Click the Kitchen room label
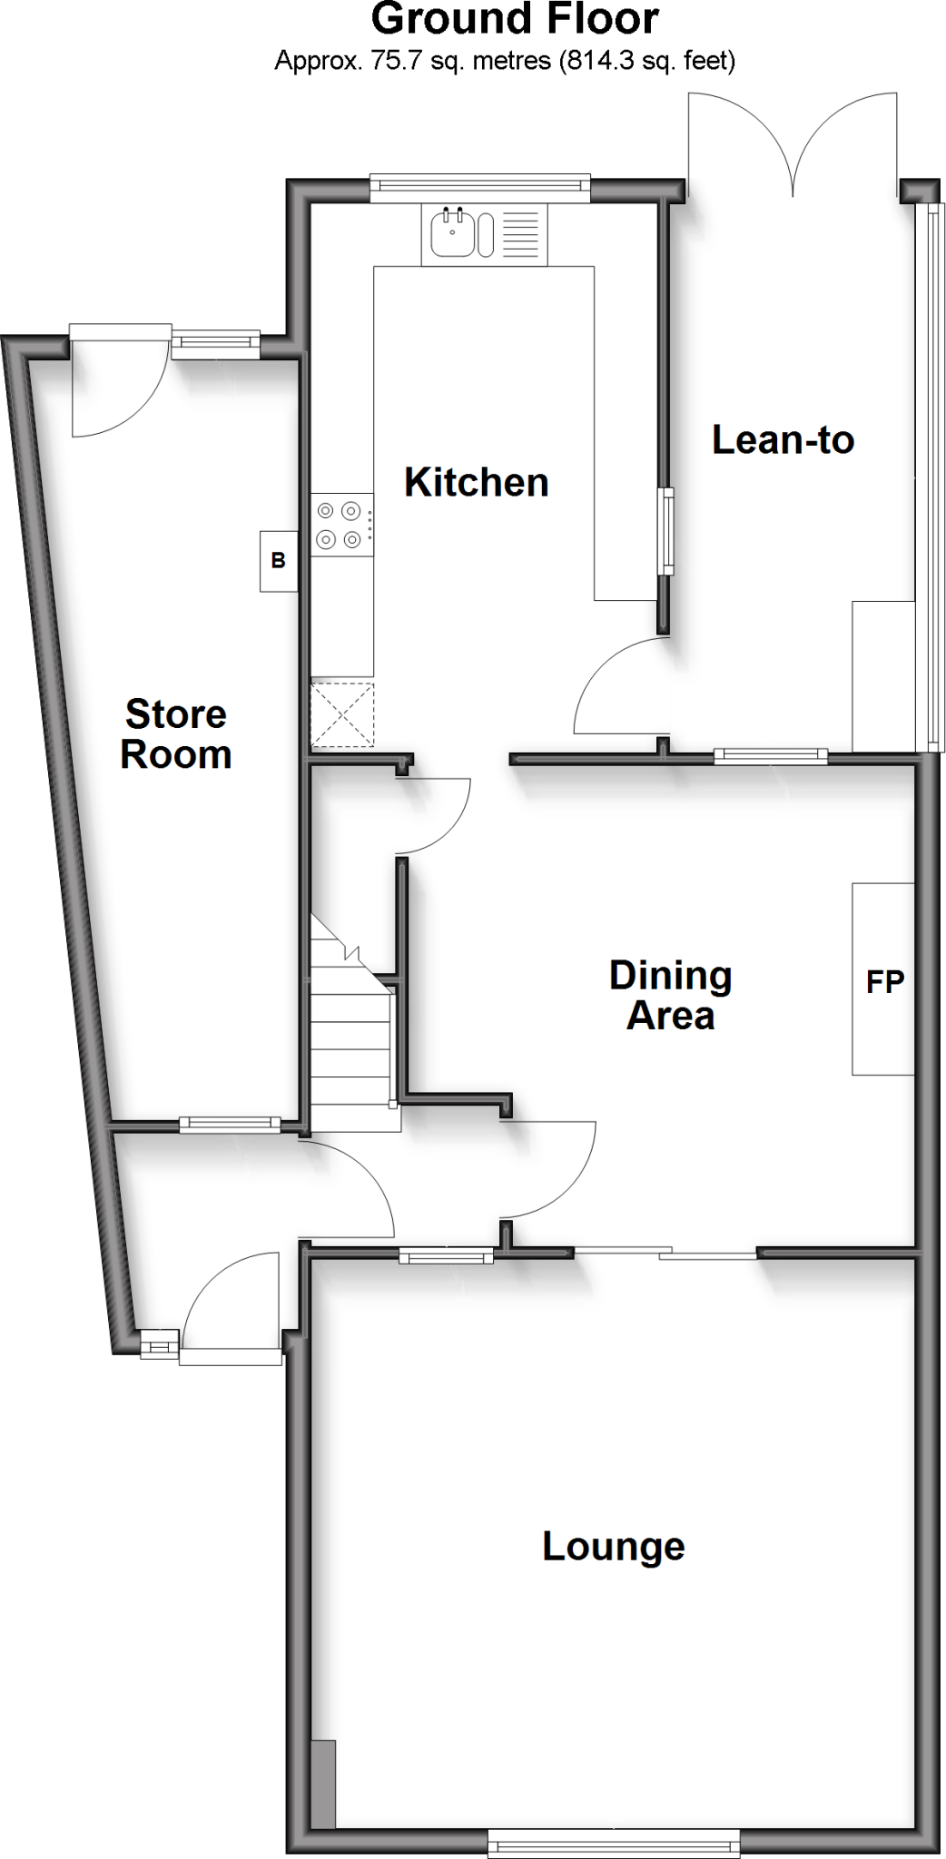pos(476,482)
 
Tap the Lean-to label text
pos(783,440)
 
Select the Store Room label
pos(176,734)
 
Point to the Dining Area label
pos(670,996)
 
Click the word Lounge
pos(614,1547)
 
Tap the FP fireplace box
pos(883,979)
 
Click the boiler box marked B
pos(279,561)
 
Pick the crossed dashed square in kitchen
pos(342,714)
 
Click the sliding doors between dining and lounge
pos(665,1254)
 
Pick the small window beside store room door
pos(213,342)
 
